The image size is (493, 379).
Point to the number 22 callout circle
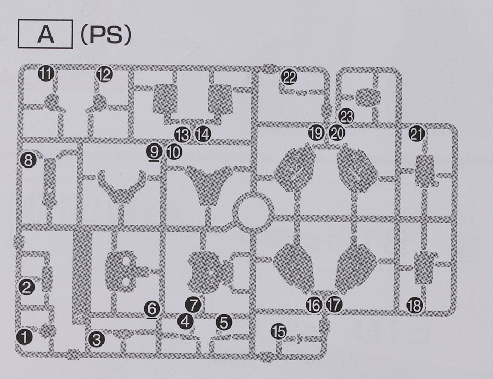click(289, 78)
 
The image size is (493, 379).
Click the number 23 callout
click(347, 116)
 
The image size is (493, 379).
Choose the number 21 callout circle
click(418, 135)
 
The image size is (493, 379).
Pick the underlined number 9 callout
click(154, 151)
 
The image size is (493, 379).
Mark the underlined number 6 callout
click(153, 308)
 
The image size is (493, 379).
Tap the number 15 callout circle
click(278, 331)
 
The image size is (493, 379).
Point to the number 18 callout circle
click(415, 305)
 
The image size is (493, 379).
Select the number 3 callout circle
click(96, 340)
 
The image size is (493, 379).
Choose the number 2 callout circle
click(27, 286)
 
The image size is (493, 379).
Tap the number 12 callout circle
click(104, 73)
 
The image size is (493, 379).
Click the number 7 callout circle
click(193, 303)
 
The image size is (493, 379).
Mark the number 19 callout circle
click(316, 133)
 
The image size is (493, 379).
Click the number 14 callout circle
click(203, 134)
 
